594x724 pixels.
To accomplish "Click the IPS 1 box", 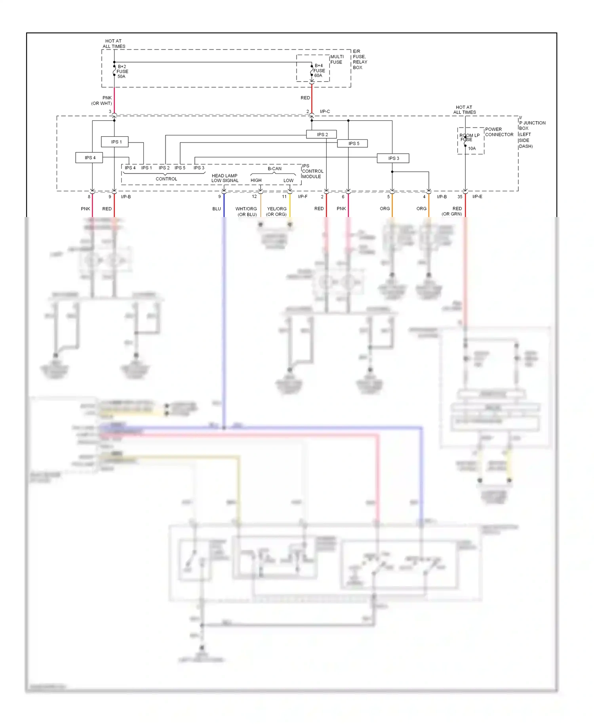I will pos(114,142).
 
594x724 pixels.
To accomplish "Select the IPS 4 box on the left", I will pos(89,158).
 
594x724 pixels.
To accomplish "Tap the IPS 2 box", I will pos(322,135).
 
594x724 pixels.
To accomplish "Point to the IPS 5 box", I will pos(352,143).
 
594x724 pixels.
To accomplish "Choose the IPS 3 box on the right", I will pos(393,158).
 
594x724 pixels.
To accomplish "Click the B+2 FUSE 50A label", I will pos(122,72).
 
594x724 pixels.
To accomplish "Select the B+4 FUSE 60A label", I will pos(319,70).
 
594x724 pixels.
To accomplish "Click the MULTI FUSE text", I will pos(337,59).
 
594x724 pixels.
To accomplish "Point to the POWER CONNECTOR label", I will pos(499,132).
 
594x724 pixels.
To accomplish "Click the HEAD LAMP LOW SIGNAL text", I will pos(225,178).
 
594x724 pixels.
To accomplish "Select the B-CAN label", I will pos(274,169).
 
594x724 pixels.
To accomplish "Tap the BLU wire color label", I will pos(217,209).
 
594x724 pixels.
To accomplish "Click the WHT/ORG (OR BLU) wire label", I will pos(246,211).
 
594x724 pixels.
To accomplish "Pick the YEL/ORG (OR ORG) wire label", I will pos(276,211).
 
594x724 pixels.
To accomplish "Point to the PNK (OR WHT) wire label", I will pos(102,101).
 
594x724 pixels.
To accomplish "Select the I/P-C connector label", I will pos(325,112).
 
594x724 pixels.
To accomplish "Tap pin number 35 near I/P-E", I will pos(460,197).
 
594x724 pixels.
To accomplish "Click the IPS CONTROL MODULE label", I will pos(312,171).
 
